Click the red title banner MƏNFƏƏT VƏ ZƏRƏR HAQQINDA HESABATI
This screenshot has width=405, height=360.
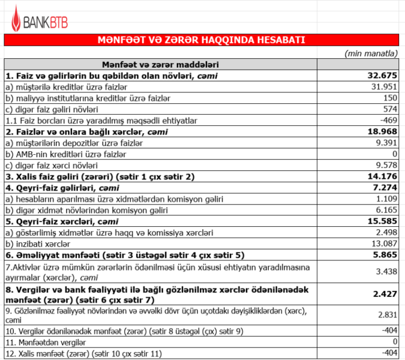[202, 40]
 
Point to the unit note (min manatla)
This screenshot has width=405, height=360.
[371, 53]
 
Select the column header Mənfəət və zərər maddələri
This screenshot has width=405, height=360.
[160, 64]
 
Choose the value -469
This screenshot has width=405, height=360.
[389, 120]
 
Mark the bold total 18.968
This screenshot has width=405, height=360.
[382, 131]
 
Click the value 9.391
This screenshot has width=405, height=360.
[387, 143]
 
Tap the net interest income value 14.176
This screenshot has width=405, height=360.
[382, 176]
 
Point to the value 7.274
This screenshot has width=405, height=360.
[385, 188]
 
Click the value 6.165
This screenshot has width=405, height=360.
[387, 211]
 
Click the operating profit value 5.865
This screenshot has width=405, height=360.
[385, 255]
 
